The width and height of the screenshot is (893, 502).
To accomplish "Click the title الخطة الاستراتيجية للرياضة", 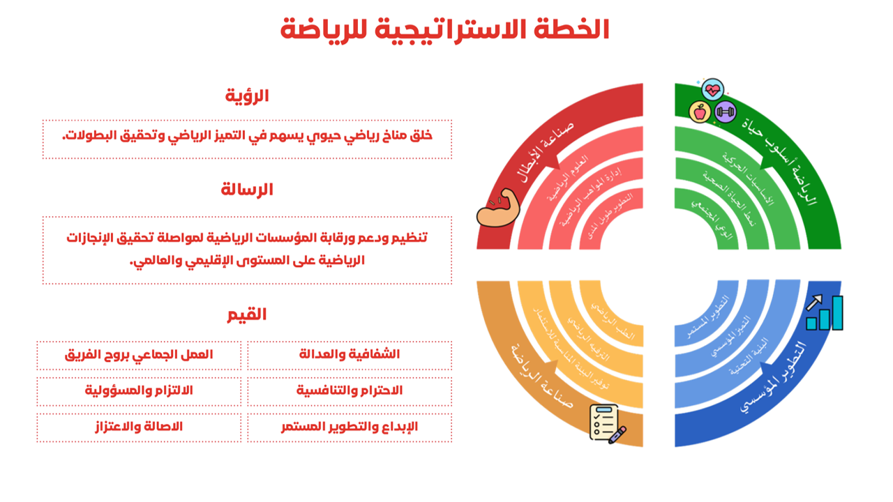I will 445,29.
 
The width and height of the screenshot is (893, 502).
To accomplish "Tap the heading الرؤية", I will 247,96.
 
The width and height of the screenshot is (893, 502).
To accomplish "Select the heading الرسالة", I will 247,189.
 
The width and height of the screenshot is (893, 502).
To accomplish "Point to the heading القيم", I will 247,314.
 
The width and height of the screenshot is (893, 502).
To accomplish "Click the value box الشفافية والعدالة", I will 350,354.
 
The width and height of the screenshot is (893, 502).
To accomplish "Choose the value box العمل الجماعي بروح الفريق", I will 139,354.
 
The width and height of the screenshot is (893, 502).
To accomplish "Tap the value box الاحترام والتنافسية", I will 350,390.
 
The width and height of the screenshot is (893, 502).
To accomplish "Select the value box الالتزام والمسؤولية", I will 139,390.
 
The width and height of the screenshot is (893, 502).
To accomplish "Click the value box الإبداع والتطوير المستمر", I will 350,427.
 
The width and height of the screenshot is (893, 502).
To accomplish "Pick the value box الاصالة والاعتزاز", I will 139,427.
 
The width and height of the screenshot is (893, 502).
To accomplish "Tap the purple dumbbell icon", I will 726,111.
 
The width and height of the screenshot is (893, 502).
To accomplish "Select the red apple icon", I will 699,112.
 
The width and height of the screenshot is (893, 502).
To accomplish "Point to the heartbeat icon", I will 712,90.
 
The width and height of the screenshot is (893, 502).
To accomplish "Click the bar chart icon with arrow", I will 824,312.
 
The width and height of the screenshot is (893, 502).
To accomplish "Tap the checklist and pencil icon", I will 606,423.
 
